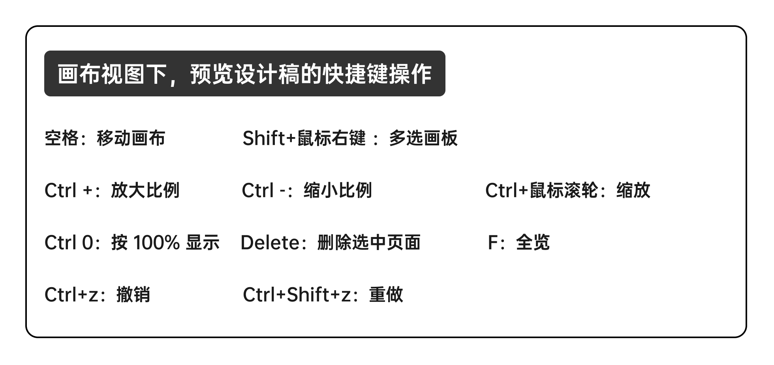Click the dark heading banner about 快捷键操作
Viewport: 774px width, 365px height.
244,73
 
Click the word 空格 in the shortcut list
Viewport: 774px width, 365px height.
61,138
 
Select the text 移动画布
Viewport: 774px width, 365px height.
131,138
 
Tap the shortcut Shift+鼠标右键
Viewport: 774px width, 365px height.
304,138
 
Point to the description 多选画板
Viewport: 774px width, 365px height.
423,138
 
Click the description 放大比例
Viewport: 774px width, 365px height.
145,190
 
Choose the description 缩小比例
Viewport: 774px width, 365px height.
338,190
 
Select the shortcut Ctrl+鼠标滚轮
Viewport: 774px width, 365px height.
541,190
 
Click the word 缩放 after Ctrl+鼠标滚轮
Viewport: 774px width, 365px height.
633,190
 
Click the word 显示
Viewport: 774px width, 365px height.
203,243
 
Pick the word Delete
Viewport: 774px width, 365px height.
271,243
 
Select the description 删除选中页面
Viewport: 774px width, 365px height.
369,243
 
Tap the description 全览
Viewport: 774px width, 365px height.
533,243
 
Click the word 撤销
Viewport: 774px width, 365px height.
133,295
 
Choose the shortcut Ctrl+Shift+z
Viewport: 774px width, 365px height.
297,295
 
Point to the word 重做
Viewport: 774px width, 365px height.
386,295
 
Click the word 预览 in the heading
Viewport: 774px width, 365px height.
207,73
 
